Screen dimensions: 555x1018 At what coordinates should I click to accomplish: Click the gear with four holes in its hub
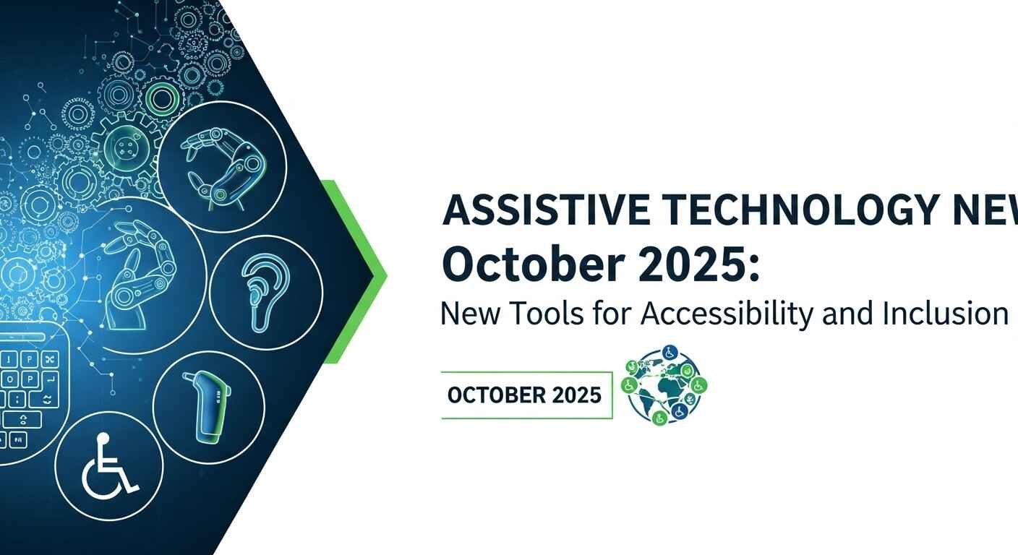pyautogui.click(x=127, y=147)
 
